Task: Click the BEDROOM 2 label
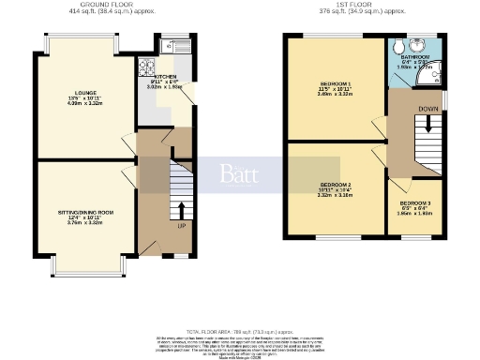tap(334, 185)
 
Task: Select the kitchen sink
tap(177, 45)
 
